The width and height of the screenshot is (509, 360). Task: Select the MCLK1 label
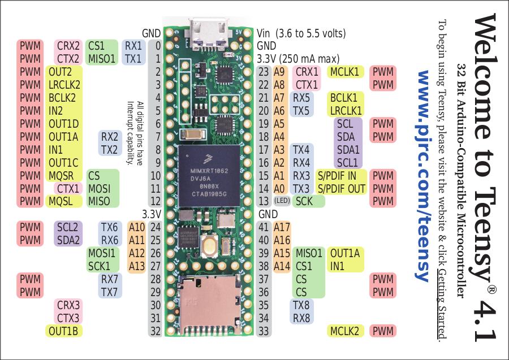[x=345, y=72]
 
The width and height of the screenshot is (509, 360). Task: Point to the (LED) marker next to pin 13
[x=282, y=201]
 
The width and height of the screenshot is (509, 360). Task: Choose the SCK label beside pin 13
[x=304, y=201]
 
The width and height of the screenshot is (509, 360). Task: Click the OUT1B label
[x=63, y=331]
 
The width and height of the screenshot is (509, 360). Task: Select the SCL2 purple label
[x=68, y=227]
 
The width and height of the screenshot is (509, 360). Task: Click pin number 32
[x=156, y=331]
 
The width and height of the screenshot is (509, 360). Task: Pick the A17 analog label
[x=281, y=227]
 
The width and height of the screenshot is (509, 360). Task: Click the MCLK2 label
[x=345, y=331]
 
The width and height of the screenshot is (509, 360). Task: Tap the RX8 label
[x=301, y=318]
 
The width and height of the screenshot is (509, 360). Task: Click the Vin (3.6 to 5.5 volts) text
[x=301, y=33]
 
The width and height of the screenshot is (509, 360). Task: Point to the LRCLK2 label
[x=64, y=85]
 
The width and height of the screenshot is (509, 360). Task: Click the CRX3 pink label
[x=68, y=305]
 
